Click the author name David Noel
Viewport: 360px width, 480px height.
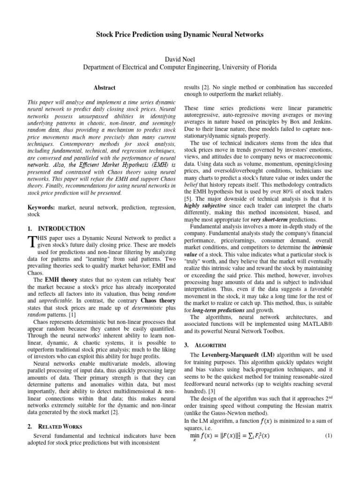point(180,59)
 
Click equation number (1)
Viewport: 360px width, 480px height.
point(328,436)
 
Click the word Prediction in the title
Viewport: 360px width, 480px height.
point(140,35)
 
